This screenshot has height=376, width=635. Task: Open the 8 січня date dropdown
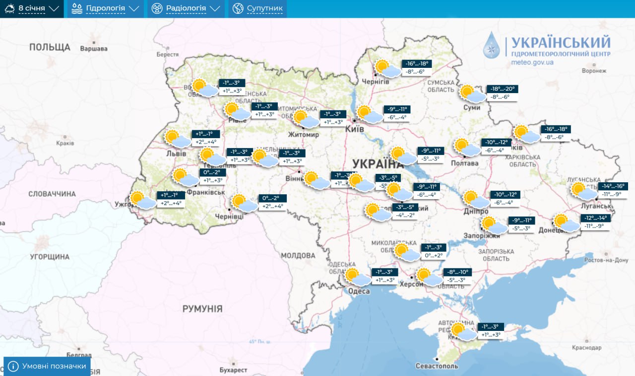click(x=32, y=8)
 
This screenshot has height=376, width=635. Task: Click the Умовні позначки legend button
click(x=47, y=366)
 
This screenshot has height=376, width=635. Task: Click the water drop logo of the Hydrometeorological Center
click(x=492, y=46)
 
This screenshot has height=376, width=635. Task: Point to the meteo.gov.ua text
click(x=532, y=62)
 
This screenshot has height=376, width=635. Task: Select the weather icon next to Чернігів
click(x=387, y=69)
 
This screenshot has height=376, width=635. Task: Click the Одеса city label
click(x=359, y=291)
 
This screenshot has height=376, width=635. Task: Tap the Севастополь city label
click(x=437, y=366)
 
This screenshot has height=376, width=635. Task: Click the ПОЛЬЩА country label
click(x=50, y=47)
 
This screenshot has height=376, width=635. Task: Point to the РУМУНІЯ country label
click(x=202, y=309)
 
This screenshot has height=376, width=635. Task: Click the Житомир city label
click(x=304, y=134)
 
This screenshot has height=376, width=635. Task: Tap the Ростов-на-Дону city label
click(x=606, y=260)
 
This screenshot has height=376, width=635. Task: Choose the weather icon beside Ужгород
click(x=143, y=200)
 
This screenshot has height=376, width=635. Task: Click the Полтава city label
click(x=465, y=163)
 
